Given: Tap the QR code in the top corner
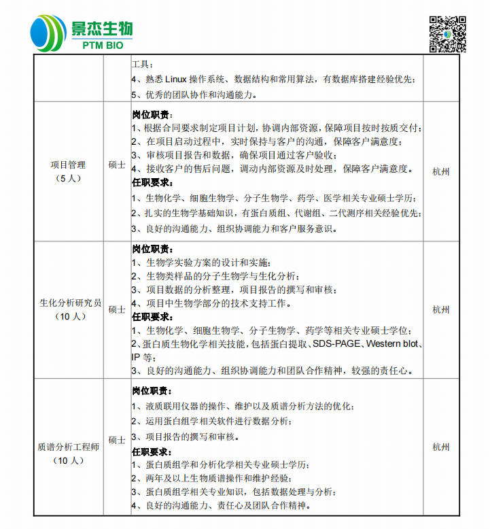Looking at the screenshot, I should [x=447, y=33].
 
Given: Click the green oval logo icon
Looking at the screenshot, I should [x=49, y=33].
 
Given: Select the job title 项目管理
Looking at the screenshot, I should [x=68, y=165].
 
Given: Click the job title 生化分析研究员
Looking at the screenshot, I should [x=70, y=303].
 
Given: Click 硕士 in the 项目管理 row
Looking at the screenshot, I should [x=117, y=165].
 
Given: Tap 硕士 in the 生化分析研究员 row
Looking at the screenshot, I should [x=117, y=309].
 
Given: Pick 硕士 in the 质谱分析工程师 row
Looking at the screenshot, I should [x=117, y=441].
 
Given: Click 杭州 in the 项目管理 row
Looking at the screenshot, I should [x=441, y=171].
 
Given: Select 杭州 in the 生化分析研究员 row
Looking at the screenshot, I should [x=441, y=309].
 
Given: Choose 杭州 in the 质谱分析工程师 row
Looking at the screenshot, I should [x=441, y=447].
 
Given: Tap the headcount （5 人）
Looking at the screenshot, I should [x=68, y=178].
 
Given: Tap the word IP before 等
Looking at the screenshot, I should [x=136, y=357].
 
